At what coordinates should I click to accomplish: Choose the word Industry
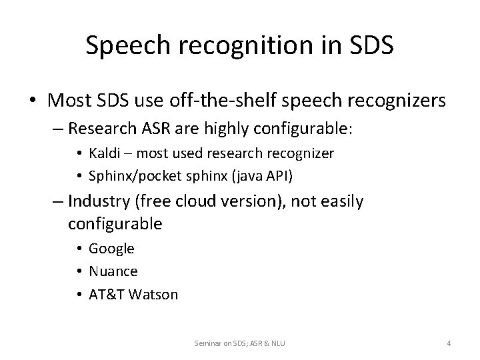pos(97,201)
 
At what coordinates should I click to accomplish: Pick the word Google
pos(112,249)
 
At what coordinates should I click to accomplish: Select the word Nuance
pos(113,271)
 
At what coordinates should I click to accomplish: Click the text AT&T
pos(106,294)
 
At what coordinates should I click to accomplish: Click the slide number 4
pos(449,343)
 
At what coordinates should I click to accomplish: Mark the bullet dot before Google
pos(79,249)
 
